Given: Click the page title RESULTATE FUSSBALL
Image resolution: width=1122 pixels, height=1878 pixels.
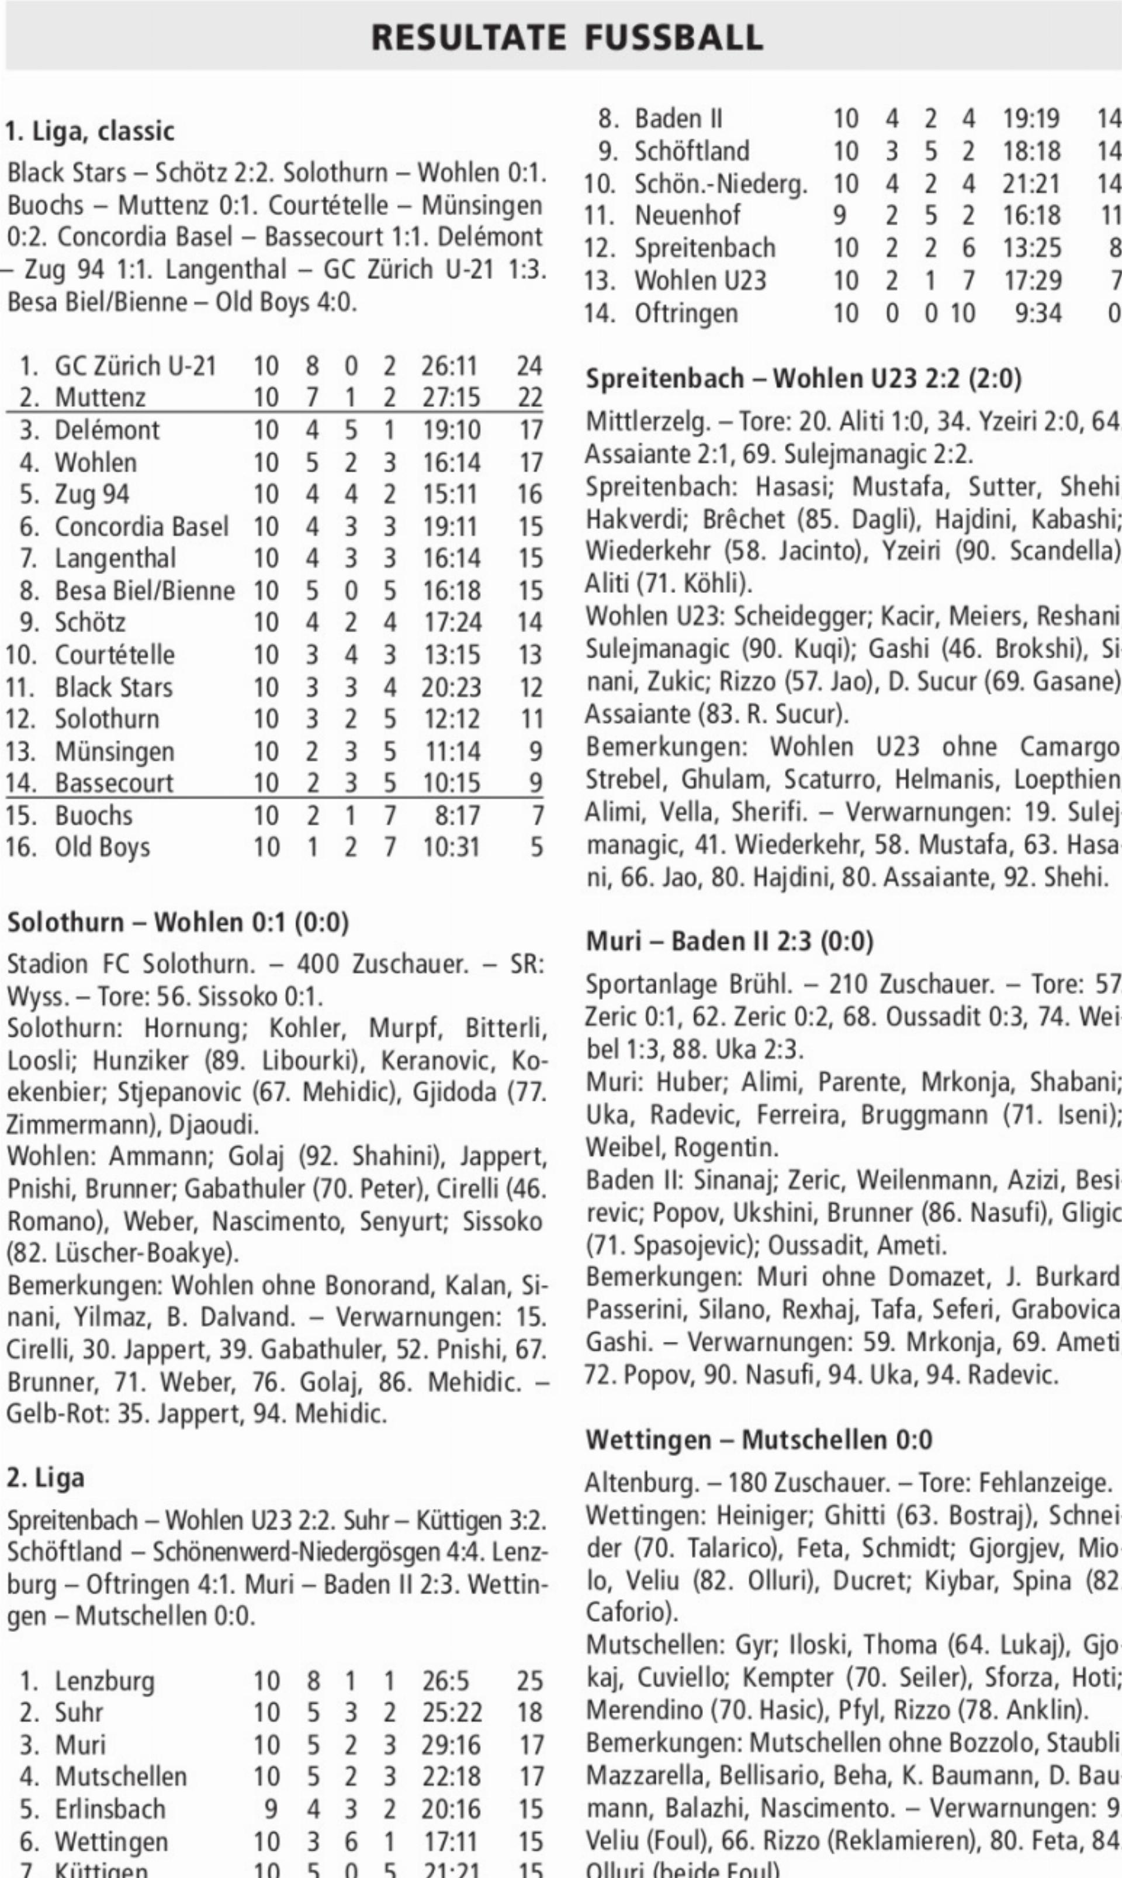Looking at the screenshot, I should pos(566,38).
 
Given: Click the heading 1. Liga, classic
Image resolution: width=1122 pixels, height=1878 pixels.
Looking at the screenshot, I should pos(90,132).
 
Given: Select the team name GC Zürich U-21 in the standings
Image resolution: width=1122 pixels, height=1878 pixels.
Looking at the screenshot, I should pos(136,366).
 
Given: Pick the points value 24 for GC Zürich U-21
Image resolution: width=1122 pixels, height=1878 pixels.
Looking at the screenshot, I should pos(529,366).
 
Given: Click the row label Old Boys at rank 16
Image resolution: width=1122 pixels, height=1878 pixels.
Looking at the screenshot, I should pos(102,848).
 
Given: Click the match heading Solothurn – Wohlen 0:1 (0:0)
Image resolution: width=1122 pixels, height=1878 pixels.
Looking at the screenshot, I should pos(178,923).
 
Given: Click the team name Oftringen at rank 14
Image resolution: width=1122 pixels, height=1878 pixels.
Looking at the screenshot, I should pos(685,313).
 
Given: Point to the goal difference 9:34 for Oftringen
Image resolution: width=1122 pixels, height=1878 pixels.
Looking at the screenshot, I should pos(1038,313).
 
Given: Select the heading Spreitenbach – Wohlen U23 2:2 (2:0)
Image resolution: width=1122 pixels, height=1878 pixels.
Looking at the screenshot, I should pos(804,378).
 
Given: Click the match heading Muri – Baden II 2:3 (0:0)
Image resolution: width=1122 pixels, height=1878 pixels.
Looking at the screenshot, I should pos(730,942).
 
